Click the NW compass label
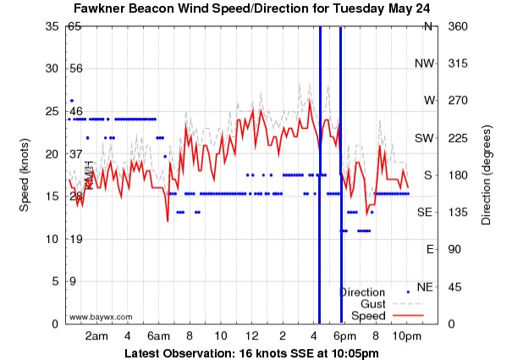pos(424,64)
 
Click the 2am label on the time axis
pos(96,336)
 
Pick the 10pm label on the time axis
pos(406,336)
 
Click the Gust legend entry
pos(373,303)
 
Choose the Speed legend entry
pos(368,315)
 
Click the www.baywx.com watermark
pos(101,317)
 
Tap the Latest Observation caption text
pos(251,352)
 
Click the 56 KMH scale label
pos(74,68)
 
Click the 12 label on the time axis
pos(251,336)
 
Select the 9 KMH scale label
pos(73,281)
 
